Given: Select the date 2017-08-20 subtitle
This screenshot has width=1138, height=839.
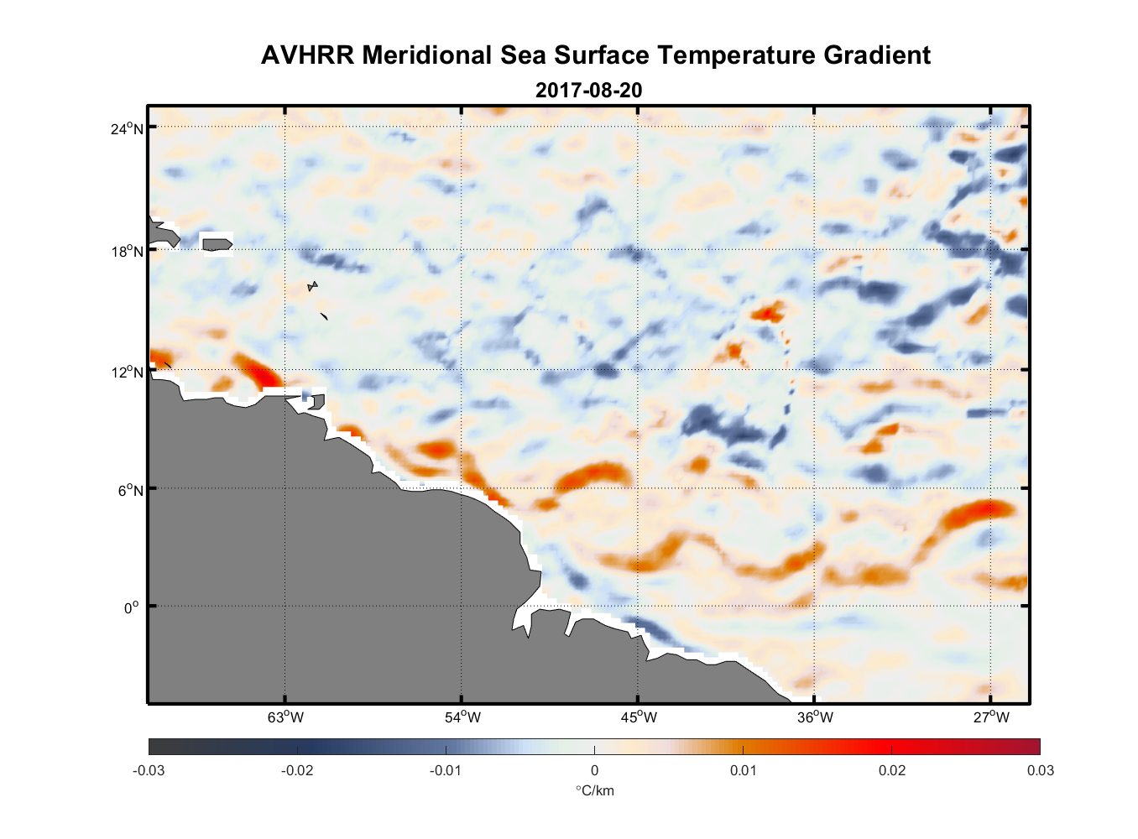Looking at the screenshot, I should tap(589, 90).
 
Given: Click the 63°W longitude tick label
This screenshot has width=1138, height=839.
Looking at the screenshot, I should tap(285, 717).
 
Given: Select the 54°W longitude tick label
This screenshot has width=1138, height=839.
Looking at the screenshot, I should tap(462, 717).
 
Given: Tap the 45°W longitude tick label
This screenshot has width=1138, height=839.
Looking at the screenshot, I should tap(639, 717).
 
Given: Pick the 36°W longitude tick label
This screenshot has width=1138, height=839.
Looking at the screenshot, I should tap(815, 717).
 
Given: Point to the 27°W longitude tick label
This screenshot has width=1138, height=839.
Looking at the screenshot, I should tap(991, 717).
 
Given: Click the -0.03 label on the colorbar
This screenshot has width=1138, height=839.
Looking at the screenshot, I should tap(149, 770).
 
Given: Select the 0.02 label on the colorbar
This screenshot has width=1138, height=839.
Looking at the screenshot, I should tap(892, 770).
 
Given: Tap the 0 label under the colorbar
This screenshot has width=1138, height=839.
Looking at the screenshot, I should tap(594, 770).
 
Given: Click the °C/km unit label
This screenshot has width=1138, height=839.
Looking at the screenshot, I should tap(594, 790).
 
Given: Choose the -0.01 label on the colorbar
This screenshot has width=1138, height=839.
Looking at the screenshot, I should tap(446, 770).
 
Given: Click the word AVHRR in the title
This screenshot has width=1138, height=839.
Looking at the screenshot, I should tap(307, 55).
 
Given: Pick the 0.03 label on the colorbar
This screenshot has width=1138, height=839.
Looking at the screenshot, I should tap(1041, 770).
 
